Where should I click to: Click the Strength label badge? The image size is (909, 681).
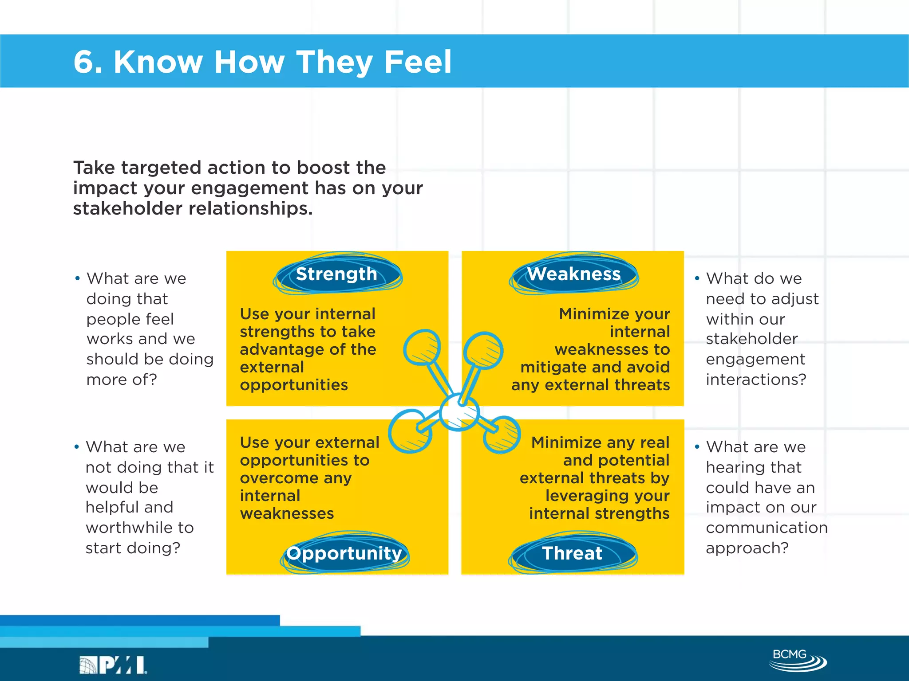tap(337, 274)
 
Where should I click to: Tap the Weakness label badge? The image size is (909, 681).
tap(573, 274)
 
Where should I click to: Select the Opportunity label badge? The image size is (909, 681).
tap(344, 553)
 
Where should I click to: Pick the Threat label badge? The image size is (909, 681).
tap(572, 553)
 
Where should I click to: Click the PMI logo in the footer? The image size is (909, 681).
tap(113, 665)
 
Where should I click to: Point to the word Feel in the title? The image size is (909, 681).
tap(418, 62)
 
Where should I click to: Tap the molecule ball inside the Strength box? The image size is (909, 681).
tap(422, 347)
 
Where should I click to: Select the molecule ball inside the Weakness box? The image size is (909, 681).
tap(483, 350)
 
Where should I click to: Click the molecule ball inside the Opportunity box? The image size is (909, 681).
tap(410, 431)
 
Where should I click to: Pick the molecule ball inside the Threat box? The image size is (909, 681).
tap(502, 434)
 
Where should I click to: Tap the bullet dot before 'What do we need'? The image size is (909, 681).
tap(697, 278)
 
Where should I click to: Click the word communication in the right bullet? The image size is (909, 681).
tap(767, 528)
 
